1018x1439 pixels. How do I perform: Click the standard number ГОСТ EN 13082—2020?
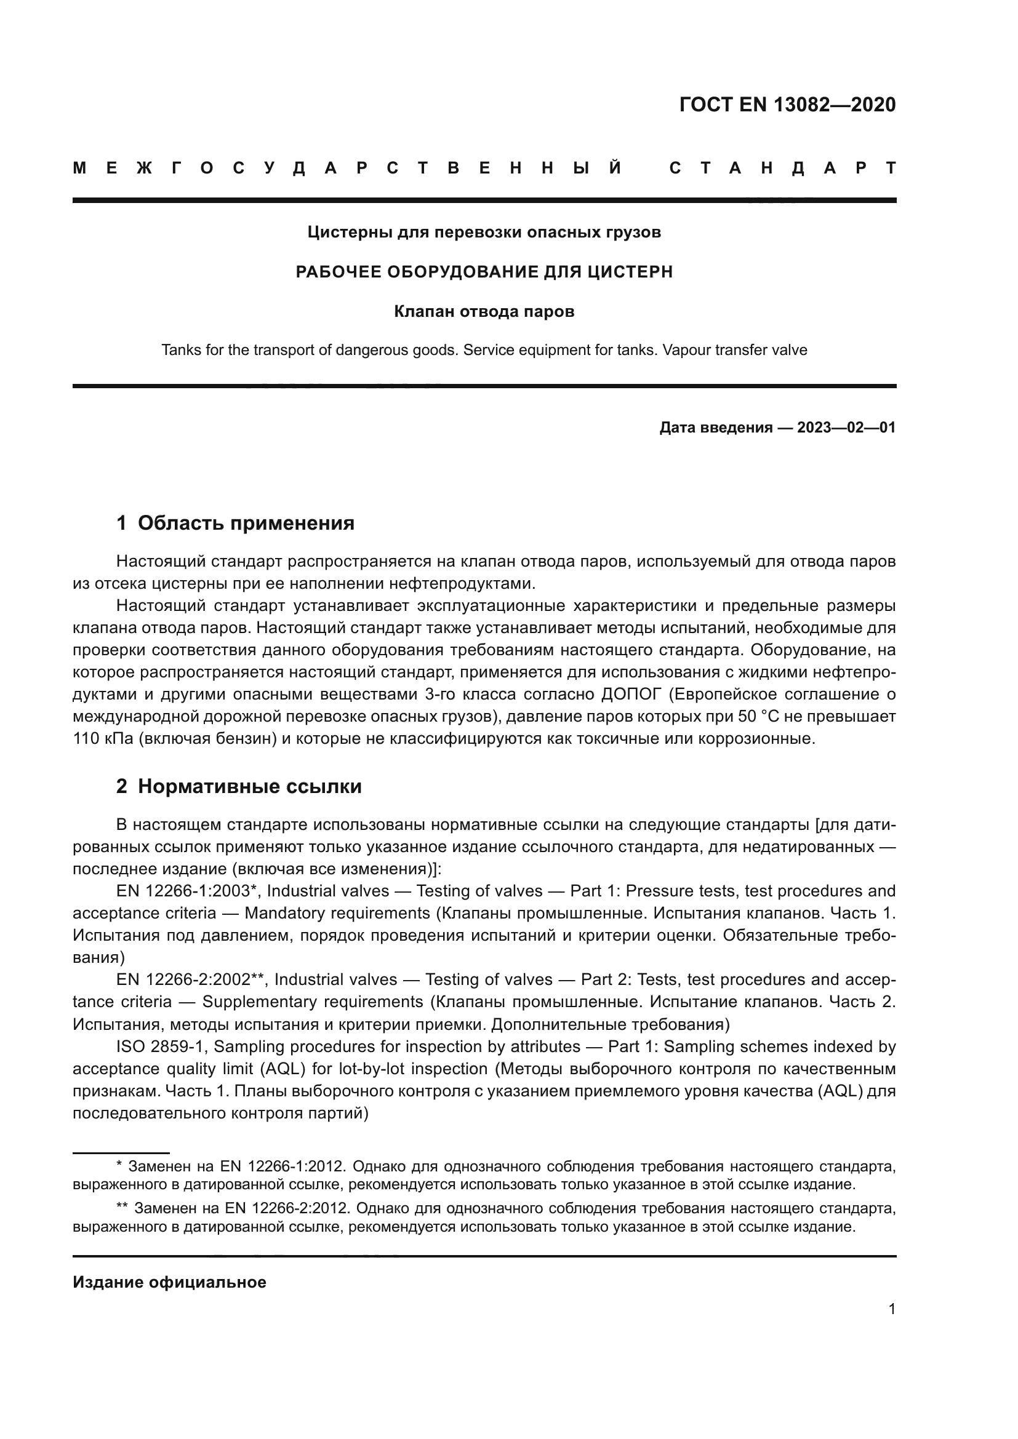click(787, 105)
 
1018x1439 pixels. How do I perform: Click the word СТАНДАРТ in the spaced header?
click(782, 169)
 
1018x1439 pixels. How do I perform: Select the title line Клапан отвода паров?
click(484, 311)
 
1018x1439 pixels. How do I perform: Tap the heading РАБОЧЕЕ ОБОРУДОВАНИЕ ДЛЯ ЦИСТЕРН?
click(484, 272)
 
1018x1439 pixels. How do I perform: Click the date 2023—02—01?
click(846, 428)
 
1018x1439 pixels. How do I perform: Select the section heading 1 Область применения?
click(235, 523)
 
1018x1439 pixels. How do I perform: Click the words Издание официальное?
click(169, 1282)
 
